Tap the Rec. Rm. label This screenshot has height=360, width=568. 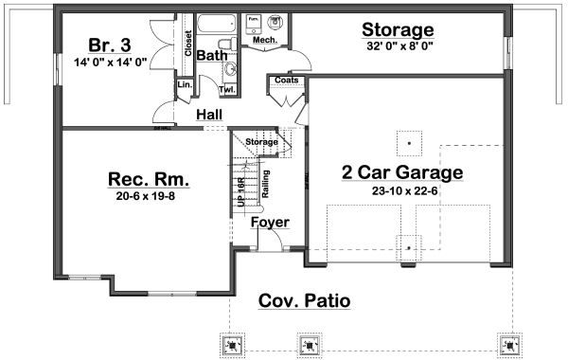[149, 179]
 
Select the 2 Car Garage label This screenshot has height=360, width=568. [402, 172]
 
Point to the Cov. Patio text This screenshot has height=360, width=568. [304, 301]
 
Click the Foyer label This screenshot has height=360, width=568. [270, 223]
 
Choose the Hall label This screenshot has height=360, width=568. [209, 115]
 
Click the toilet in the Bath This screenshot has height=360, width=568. [223, 45]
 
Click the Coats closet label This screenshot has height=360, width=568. [286, 81]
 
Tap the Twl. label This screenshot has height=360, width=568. [227, 89]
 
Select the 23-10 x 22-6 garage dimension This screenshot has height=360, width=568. [402, 189]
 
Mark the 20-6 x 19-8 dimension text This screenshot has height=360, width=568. [149, 199]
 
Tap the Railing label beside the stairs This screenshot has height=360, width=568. [265, 183]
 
